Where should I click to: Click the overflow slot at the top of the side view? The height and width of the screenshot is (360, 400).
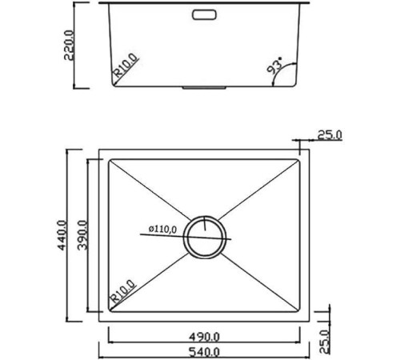(x=206, y=14)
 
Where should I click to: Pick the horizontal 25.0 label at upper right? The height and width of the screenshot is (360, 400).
(x=330, y=134)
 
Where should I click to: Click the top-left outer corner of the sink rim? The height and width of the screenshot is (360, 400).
(x=99, y=149)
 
